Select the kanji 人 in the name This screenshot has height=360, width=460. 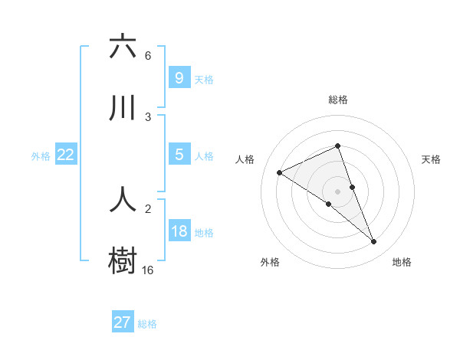123,198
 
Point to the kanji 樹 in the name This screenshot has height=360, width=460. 123,260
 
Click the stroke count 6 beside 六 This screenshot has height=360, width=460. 148,56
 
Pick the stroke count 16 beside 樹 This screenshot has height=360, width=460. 148,270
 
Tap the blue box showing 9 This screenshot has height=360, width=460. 179,77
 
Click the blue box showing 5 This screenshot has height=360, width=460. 179,155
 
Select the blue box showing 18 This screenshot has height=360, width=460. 179,231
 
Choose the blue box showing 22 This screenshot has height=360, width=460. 66,155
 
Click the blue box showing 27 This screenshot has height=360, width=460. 123,322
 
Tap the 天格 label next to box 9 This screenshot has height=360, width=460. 204,79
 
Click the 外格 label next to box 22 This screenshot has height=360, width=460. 41,156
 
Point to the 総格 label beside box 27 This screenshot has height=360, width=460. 148,324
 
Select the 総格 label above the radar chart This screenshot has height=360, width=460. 338,100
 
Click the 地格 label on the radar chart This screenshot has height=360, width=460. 402,262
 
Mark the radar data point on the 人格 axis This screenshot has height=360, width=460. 280,173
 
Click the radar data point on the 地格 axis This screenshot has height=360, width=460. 374,242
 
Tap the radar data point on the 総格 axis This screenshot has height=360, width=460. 338,146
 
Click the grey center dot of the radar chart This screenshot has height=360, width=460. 338,191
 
